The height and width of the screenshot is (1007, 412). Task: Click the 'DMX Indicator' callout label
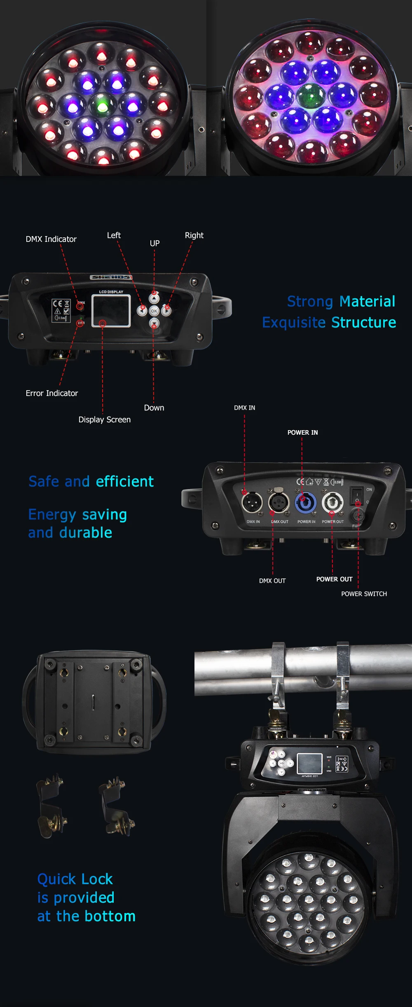click(51, 239)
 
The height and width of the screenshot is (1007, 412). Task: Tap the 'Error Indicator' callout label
click(51, 393)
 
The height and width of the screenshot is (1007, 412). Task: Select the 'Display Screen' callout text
click(104, 419)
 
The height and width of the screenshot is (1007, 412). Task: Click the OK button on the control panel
click(154, 311)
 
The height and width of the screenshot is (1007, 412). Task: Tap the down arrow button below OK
click(154, 323)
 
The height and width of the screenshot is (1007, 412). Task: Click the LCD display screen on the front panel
click(111, 311)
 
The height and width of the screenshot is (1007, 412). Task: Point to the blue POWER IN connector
click(305, 503)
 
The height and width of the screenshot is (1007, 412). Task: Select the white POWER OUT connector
click(332, 503)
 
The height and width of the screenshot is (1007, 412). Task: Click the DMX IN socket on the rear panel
click(252, 503)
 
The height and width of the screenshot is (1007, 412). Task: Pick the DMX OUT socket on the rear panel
click(279, 503)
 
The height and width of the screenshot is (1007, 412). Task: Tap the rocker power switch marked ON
click(356, 496)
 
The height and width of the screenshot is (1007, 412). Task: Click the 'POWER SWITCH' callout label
click(364, 594)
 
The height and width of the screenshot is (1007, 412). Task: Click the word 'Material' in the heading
click(368, 301)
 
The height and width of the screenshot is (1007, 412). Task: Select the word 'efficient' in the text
click(124, 481)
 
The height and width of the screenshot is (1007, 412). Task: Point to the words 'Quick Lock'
click(75, 879)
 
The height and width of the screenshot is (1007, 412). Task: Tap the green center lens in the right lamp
click(311, 96)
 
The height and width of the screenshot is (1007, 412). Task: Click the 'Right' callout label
click(194, 235)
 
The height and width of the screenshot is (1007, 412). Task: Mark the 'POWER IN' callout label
click(302, 432)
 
